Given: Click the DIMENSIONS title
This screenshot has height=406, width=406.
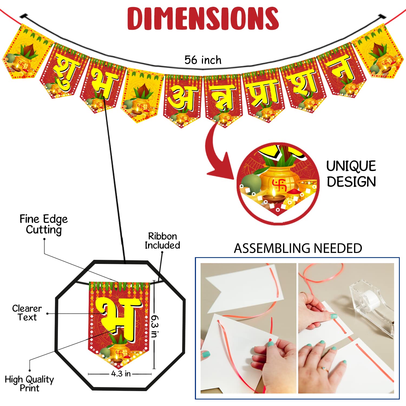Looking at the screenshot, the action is coord(203,18).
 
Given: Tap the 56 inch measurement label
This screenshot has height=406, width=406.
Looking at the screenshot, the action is coord(203,60).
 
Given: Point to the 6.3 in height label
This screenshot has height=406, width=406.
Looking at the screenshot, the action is coord(155,326).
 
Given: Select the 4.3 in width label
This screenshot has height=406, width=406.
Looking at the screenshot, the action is coord(121,374).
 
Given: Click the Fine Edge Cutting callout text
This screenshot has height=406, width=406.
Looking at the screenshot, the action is coord(44,225).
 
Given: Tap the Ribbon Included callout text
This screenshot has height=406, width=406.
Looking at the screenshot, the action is coord(162,241).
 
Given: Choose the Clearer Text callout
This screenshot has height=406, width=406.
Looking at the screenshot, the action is coord(27,313).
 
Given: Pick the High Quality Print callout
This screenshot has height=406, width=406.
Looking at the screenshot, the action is coord(29,384).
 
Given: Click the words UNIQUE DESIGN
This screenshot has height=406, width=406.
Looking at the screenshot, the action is coord(351,174).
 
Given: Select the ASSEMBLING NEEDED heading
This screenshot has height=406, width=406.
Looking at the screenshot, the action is coord(298,248).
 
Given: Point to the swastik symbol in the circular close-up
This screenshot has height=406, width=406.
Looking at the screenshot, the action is coord(279,185).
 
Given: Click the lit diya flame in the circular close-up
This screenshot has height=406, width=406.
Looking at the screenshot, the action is coord(274,192).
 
